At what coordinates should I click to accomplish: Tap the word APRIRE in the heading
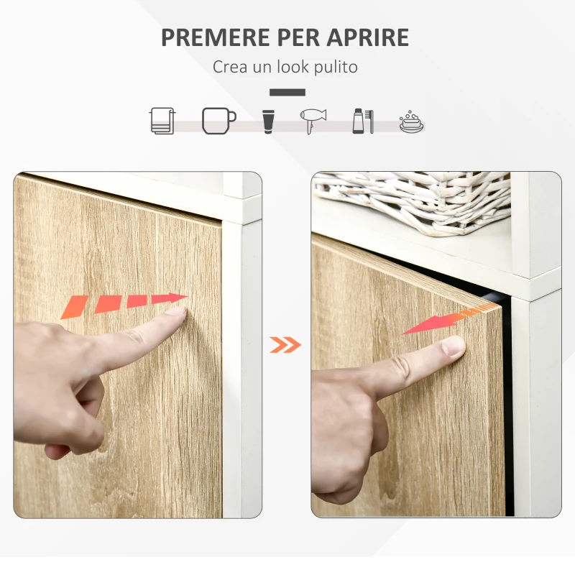pos(367,37)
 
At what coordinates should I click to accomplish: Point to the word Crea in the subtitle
pos(229,68)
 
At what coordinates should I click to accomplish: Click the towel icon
pos(162,120)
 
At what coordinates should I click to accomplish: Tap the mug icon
pos(218,120)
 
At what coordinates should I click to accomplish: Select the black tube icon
pos(267,120)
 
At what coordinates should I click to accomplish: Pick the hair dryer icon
pos(313,120)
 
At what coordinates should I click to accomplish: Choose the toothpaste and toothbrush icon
pos(362,120)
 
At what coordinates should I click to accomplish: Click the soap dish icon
pos(411,121)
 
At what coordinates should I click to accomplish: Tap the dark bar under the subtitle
pos(287,92)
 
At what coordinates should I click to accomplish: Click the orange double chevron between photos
pos(285,345)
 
